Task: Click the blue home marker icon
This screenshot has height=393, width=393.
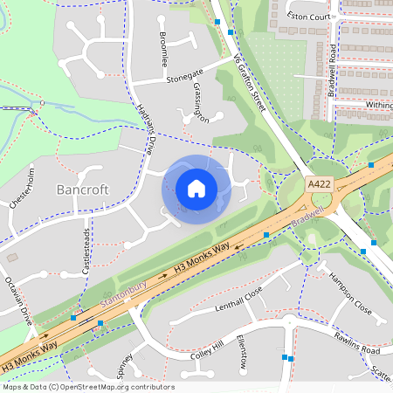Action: [x=196, y=189]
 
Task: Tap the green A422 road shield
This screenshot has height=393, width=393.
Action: [x=318, y=185]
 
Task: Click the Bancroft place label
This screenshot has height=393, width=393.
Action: [x=82, y=189]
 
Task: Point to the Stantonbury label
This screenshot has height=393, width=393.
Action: [x=123, y=293]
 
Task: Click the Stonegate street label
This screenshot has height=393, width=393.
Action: [x=183, y=74]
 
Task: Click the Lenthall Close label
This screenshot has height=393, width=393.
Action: [x=238, y=304]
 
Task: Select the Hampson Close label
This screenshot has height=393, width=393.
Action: [x=349, y=293]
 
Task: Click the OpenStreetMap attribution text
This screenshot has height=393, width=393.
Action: [x=88, y=387]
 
